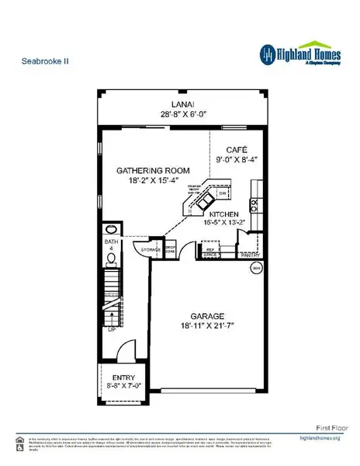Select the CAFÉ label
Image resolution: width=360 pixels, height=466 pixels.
pyautogui.click(x=236, y=149)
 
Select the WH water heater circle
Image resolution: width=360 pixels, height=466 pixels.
pyautogui.click(x=256, y=268)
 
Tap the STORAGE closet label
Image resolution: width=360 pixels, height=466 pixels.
pyautogui.click(x=150, y=249)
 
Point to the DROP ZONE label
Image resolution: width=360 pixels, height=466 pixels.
pyautogui.click(x=171, y=250)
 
